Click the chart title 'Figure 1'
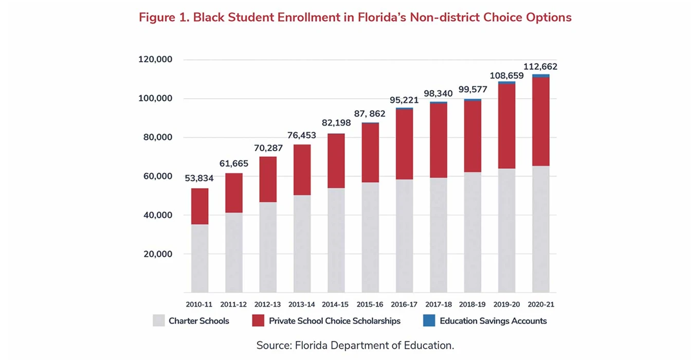pos(355,17)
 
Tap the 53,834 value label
pos(199,178)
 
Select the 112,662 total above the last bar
pos(540,67)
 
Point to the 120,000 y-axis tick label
pos(155,60)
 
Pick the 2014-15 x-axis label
pos(336,304)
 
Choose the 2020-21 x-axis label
pos(540,304)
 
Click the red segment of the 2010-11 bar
pos(199,206)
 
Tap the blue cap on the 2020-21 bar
pos(540,76)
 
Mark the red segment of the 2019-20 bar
pos(506,126)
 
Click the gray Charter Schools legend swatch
pos(159,321)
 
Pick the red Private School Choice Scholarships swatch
pos(258,321)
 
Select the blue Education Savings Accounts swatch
pos(429,321)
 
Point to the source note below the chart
pos(355,345)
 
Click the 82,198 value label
pos(336,123)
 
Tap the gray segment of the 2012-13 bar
pos(268,247)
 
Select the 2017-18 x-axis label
pos(438,304)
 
